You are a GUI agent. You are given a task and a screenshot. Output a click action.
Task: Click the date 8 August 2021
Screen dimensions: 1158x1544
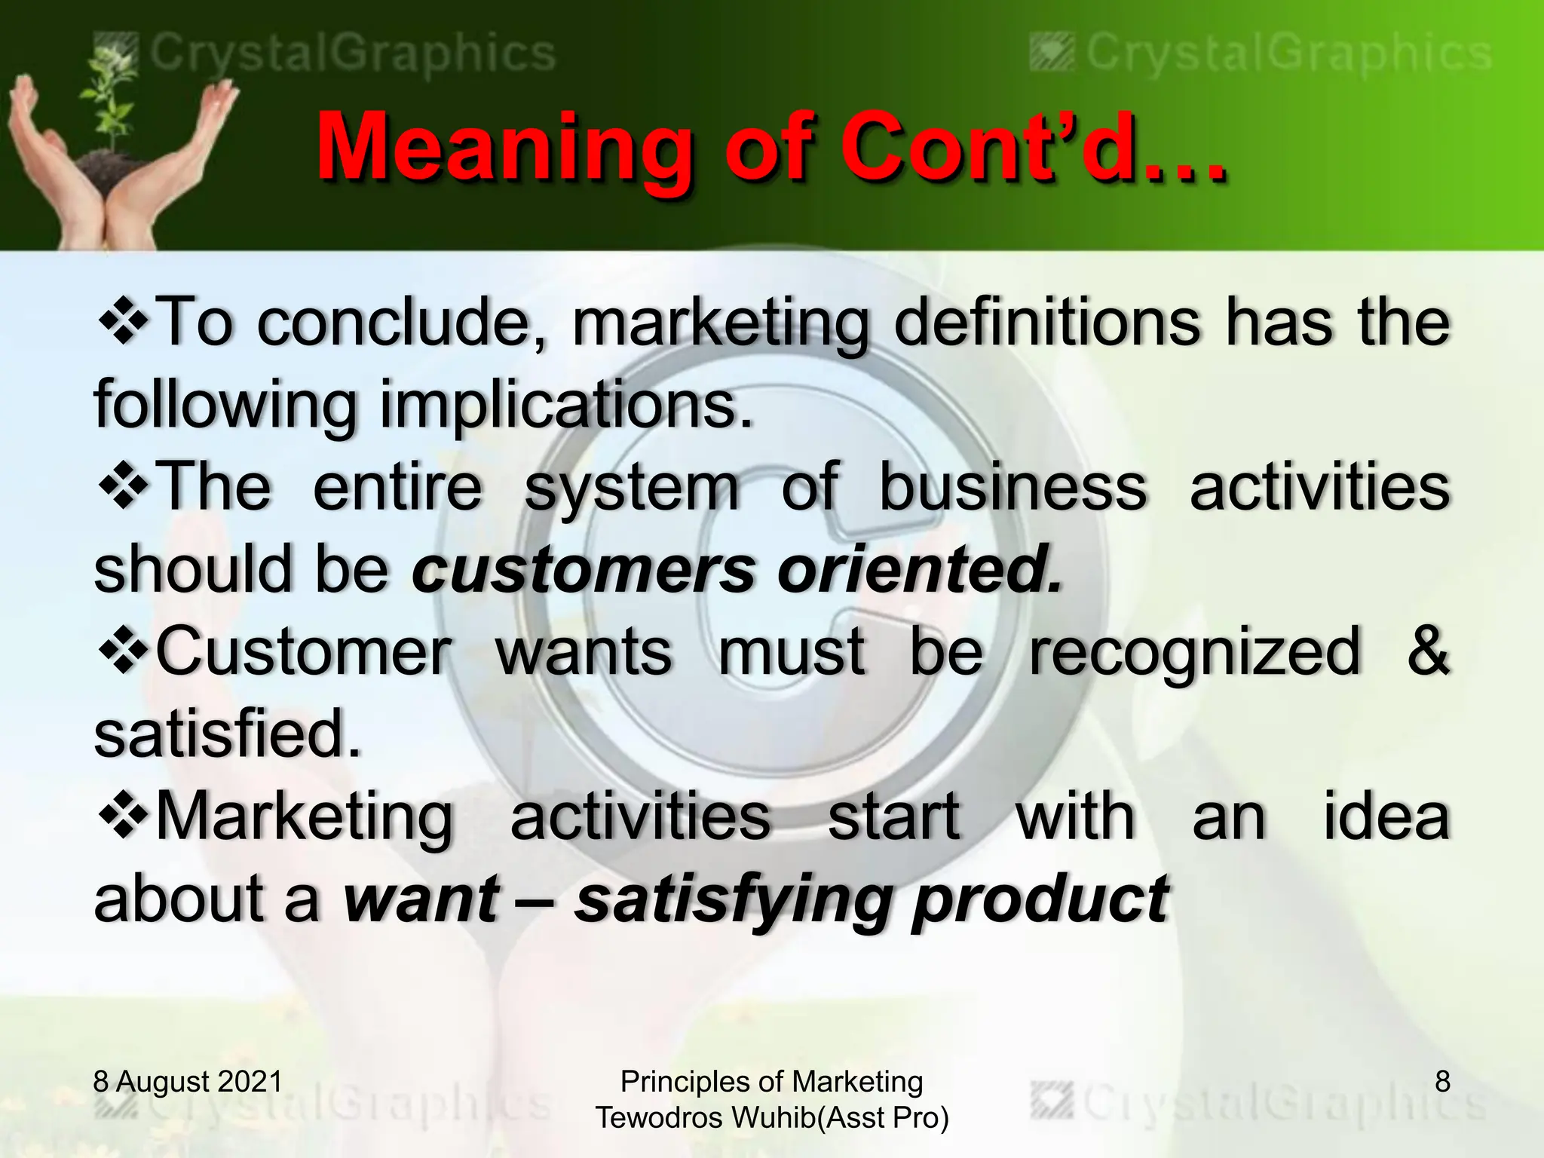(x=188, y=1081)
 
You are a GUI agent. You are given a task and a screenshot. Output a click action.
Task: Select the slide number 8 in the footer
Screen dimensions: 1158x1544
(x=1442, y=1081)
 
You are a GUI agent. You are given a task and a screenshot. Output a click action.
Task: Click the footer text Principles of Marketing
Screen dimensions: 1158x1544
(x=771, y=1081)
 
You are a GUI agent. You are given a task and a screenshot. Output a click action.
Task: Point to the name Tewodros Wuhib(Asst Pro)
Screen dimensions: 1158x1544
(x=771, y=1117)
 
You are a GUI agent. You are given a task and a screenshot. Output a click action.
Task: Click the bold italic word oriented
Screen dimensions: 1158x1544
(x=919, y=569)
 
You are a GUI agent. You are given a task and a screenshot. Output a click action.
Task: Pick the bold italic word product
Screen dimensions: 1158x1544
(x=1040, y=899)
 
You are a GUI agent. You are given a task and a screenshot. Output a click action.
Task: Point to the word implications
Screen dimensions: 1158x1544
(x=565, y=405)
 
